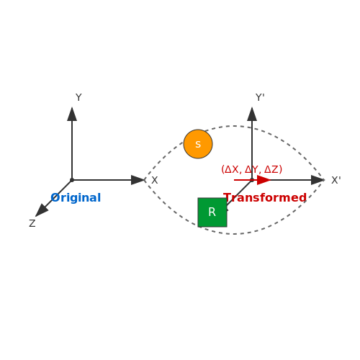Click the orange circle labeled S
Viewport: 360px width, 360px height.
click(x=198, y=144)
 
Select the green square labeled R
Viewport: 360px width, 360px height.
click(x=212, y=212)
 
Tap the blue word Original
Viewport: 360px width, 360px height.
click(x=76, y=198)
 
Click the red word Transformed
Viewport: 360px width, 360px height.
click(x=265, y=198)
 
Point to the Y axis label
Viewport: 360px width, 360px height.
click(x=78, y=97)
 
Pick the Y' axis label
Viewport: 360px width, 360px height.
click(x=260, y=97)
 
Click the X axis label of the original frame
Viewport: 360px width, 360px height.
click(x=155, y=180)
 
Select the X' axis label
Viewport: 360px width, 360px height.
click(x=336, y=180)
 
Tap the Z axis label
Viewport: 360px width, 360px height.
click(x=32, y=223)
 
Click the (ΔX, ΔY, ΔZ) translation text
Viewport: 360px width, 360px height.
click(x=251, y=169)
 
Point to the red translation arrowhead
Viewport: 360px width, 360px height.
click(x=264, y=180)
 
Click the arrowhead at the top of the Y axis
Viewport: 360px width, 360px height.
click(x=72, y=114)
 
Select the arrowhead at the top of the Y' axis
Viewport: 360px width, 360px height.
click(x=252, y=114)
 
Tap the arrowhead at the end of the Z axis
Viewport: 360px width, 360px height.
click(x=42, y=210)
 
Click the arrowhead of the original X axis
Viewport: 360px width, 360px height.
click(x=138, y=180)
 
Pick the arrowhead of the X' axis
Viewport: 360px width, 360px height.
click(x=318, y=180)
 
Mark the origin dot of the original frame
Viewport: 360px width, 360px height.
click(x=72, y=180)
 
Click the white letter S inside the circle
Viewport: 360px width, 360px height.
click(x=198, y=145)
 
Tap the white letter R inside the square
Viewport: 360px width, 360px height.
click(x=212, y=212)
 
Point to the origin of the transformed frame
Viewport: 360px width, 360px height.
click(x=252, y=180)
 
